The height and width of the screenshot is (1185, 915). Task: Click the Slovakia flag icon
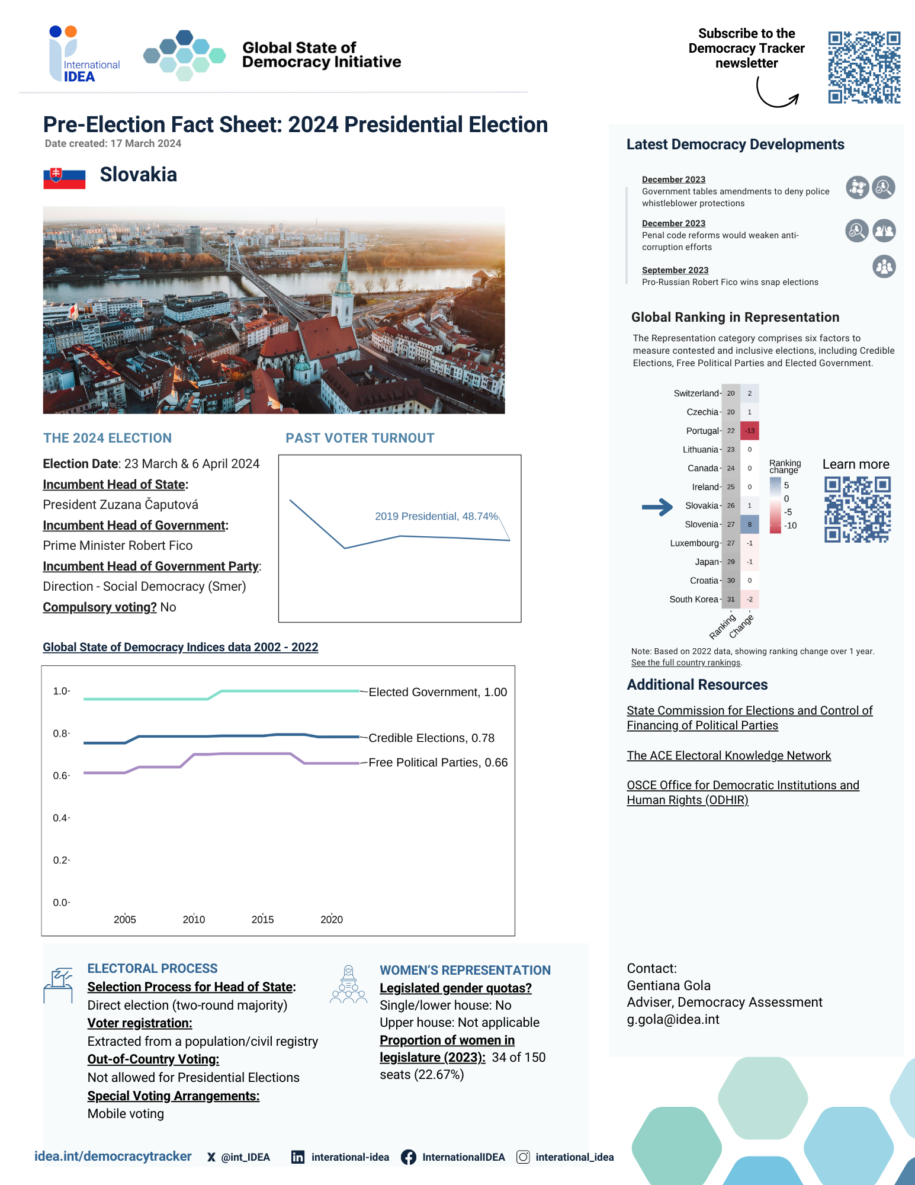pos(64,178)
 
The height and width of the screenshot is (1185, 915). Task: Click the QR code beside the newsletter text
pos(864,68)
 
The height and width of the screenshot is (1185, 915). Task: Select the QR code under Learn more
pos(857,510)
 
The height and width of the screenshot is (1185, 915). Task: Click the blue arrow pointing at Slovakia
pos(657,507)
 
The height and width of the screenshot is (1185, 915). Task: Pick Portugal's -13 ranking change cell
pos(750,431)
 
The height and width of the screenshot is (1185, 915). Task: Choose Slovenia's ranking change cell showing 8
pos(750,524)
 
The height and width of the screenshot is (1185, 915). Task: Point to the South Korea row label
pos(694,600)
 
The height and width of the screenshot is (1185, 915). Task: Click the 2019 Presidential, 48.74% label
pos(436,516)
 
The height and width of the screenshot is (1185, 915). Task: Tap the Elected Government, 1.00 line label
pos(438,692)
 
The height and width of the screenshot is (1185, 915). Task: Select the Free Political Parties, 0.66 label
pos(438,763)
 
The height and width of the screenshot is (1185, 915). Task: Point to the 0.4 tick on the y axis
pos(61,818)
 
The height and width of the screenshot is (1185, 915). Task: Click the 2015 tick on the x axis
pos(262,920)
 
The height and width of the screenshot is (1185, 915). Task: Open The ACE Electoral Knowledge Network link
pos(728,755)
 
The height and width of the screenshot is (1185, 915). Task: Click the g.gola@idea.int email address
pos(673,1019)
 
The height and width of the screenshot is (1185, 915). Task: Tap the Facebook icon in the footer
pos(408,1157)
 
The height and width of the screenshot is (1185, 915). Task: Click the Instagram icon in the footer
pos(523,1157)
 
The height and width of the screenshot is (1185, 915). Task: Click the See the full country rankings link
pos(686,662)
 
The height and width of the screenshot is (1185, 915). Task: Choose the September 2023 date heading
pos(675,270)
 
